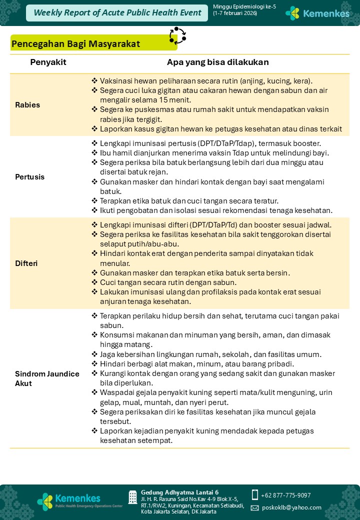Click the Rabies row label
click(x=27, y=105)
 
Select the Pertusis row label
click(x=29, y=176)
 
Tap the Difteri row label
click(x=26, y=263)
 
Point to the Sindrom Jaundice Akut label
click(x=46, y=378)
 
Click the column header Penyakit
click(x=48, y=62)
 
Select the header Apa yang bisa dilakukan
click(x=217, y=62)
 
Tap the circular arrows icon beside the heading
click(x=177, y=35)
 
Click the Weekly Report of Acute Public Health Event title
click(x=117, y=13)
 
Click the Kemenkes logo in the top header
click(x=317, y=13)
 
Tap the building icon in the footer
click(x=132, y=497)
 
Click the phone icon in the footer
click(x=254, y=494)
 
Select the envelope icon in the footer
click(x=254, y=507)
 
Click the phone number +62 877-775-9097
click(x=285, y=495)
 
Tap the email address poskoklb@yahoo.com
click(x=291, y=507)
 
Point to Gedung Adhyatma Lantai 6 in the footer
click(x=179, y=492)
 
